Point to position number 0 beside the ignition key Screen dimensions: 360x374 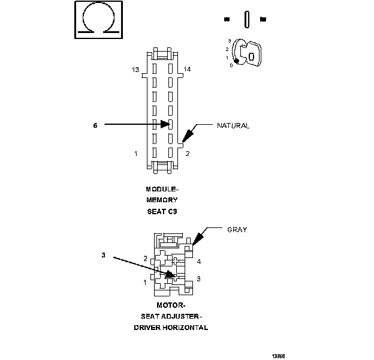[231, 65]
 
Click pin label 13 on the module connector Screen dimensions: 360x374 [136, 70]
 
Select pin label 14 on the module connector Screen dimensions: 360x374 [188, 70]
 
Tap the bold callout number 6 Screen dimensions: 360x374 [95, 125]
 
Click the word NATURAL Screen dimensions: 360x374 [233, 126]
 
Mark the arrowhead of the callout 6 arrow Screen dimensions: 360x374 [169, 125]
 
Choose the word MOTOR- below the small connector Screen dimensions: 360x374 [162, 305]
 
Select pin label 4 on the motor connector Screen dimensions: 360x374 [199, 262]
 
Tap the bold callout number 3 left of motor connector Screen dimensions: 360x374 [104, 255]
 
